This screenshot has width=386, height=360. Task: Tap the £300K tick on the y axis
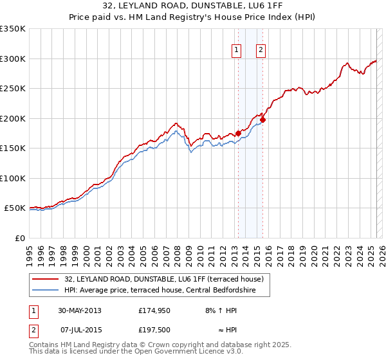point(13,59)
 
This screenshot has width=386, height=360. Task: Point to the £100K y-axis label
point(13,178)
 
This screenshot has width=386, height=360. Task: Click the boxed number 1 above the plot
point(237,51)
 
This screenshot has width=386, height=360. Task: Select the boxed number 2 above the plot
point(261,51)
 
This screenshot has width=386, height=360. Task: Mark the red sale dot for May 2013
point(238,134)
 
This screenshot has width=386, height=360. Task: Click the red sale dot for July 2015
point(262,120)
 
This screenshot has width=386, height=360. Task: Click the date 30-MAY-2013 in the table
point(80,310)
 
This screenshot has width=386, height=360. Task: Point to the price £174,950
point(153,310)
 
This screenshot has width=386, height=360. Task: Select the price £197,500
point(153,330)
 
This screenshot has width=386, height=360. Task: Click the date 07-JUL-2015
point(80,330)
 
